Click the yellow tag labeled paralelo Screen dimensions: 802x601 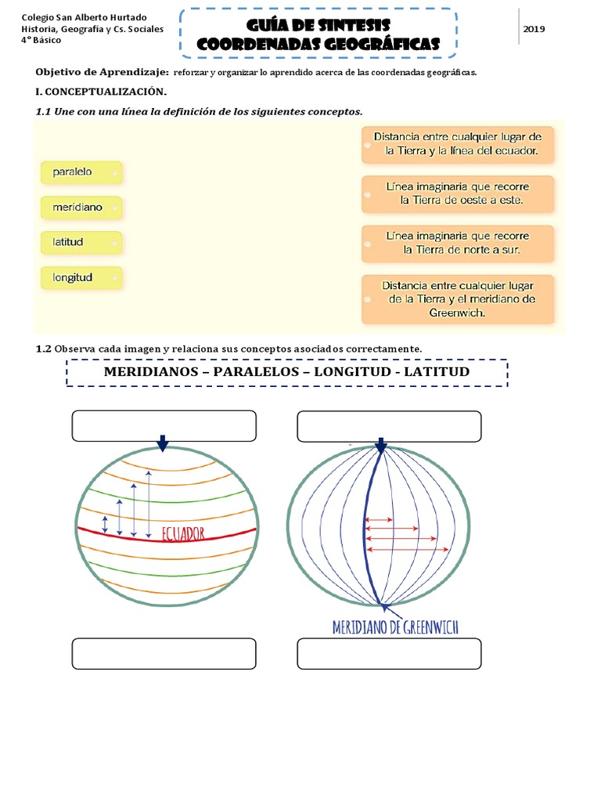click(x=81, y=172)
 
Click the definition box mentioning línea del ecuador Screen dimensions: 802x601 click(x=458, y=144)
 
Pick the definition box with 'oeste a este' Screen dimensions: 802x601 click(x=458, y=194)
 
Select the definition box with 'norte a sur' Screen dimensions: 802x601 click(x=458, y=244)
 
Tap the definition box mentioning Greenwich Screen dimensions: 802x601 click(x=458, y=299)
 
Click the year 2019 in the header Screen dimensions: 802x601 click(x=534, y=29)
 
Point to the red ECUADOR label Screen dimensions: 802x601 click(x=183, y=534)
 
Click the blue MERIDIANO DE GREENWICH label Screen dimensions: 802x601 click(x=395, y=627)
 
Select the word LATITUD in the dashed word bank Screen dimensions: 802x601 click(x=437, y=371)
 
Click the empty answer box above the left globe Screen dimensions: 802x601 click(x=164, y=426)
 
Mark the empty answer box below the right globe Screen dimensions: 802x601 click(x=390, y=654)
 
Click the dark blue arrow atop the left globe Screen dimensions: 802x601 click(x=163, y=444)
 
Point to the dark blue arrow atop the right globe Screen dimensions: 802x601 click(x=381, y=445)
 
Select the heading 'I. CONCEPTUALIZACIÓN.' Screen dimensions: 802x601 click(x=102, y=92)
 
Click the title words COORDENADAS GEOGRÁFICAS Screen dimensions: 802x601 click(x=318, y=45)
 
